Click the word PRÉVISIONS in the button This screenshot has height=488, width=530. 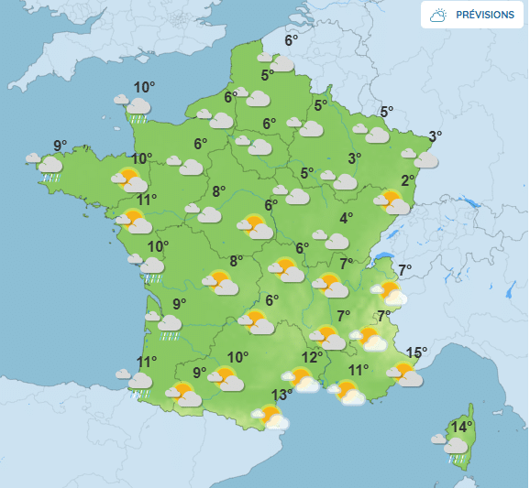click(485, 15)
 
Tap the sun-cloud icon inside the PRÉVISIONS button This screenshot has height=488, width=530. click(439, 15)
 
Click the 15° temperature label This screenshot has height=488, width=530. click(417, 352)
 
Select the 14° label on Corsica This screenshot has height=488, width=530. click(461, 426)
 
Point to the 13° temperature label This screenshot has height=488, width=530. click(282, 395)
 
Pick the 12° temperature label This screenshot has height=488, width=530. click(313, 357)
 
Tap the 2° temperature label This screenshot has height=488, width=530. click(408, 180)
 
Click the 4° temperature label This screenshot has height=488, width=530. click(347, 218)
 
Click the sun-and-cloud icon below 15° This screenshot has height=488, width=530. click(404, 374)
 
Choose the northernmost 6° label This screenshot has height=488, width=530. click(292, 40)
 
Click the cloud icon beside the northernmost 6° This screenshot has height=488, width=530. click(279, 61)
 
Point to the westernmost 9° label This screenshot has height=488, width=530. click(61, 146)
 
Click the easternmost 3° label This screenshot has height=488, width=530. click(435, 136)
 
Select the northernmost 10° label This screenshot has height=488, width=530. click(144, 88)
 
